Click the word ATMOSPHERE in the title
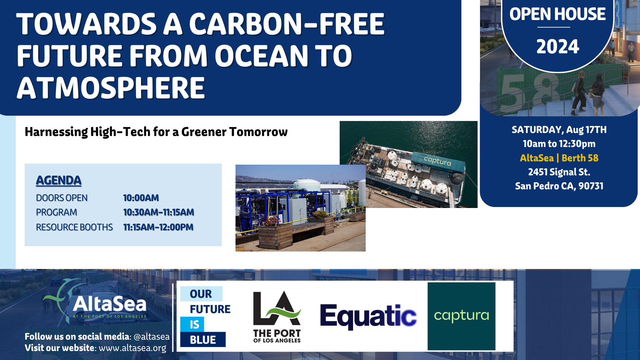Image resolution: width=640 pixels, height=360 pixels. pos(111,88)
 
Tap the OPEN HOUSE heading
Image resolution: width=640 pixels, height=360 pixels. pos(558,14)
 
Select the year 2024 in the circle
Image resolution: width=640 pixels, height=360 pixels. pos(558,46)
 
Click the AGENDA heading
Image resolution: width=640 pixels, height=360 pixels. pos(59,180)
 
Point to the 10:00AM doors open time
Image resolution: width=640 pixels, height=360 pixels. pos(141,198)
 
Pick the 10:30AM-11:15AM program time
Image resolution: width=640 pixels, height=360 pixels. pos(159,212)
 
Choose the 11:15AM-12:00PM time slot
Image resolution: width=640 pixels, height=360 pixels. pos(158,227)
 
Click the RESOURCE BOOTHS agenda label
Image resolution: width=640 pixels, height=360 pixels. pos(74,227)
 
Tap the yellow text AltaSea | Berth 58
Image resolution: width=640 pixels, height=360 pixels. pos(559,158)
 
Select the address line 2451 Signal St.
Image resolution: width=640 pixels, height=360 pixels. pos(559,172)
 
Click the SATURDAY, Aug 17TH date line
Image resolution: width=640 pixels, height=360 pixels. pos(559,130)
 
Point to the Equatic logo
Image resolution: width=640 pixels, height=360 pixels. pos(368,316)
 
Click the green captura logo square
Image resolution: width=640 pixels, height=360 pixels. pos(461,316)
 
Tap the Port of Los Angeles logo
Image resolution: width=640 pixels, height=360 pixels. pos(277,317)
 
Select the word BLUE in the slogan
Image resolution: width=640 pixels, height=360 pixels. pos(203,340)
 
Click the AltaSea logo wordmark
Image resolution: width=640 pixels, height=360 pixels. pos(109,304)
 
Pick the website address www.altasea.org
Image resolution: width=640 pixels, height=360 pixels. pos(132,348)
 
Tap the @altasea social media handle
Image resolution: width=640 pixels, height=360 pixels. pos(151,337)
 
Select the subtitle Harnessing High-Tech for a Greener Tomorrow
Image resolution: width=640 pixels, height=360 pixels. pos(156,132)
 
